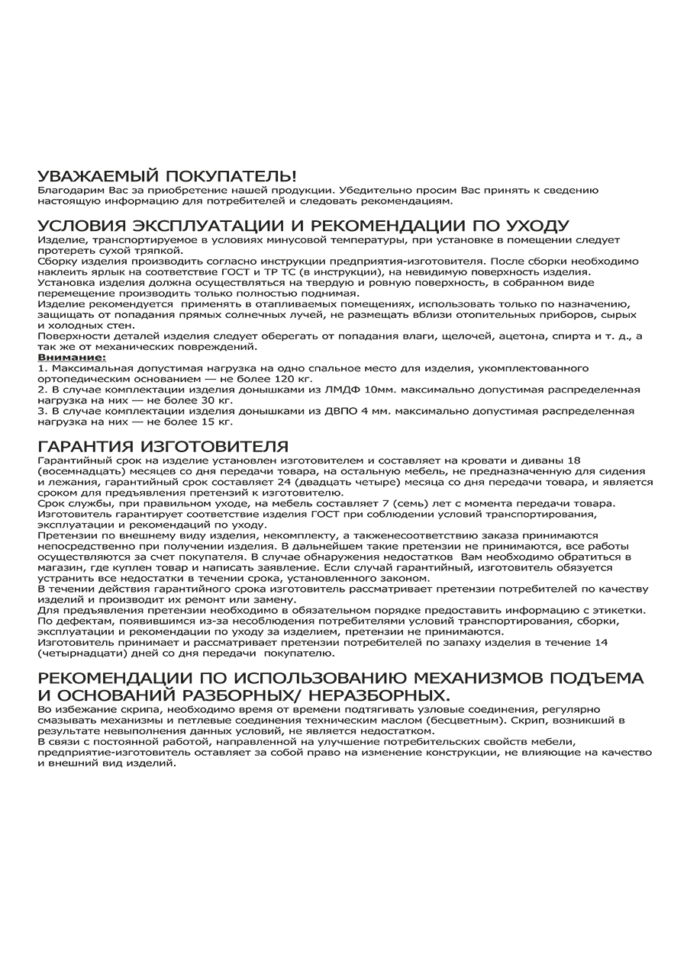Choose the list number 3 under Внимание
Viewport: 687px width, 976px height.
point(41,411)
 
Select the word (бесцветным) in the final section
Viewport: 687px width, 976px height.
point(464,720)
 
